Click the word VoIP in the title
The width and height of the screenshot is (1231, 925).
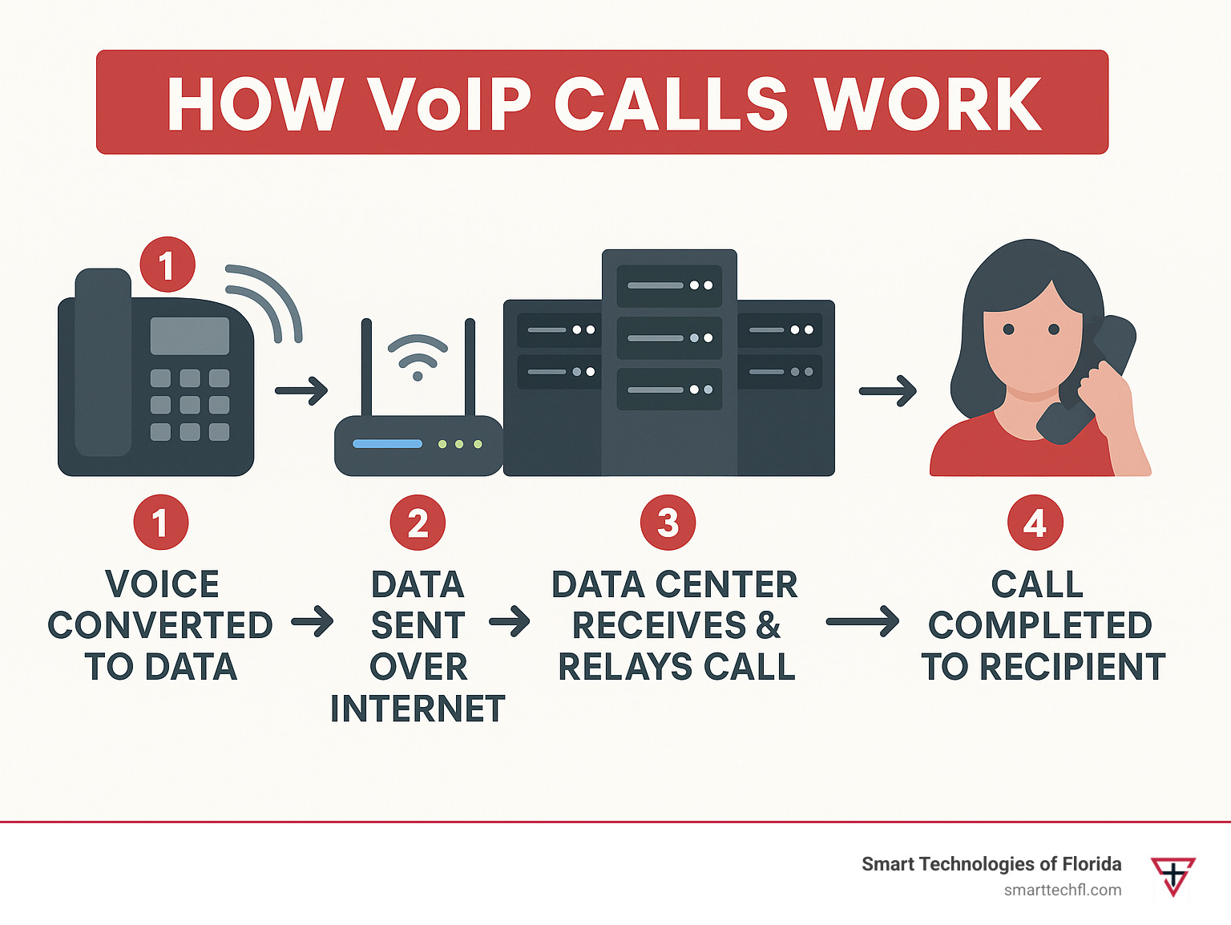point(450,103)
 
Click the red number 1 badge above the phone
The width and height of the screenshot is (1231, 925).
point(167,265)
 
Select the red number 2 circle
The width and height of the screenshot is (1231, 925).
point(418,523)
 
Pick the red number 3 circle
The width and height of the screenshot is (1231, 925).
point(668,523)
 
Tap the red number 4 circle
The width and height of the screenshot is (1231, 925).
point(1035,523)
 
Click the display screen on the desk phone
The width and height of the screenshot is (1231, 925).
point(190,335)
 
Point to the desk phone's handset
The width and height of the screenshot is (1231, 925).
point(103,362)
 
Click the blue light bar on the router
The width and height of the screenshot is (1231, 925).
point(388,444)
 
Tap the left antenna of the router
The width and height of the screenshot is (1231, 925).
point(366,367)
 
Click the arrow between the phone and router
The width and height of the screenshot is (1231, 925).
point(301,390)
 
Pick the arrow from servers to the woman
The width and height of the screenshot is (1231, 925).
point(888,390)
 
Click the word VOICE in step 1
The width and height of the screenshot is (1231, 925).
point(162,584)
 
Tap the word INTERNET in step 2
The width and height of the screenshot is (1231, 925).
point(418,709)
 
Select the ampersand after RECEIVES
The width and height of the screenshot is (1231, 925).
point(768,625)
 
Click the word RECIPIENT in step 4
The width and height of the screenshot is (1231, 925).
point(1072,666)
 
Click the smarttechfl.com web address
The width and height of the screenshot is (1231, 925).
point(1063,890)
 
